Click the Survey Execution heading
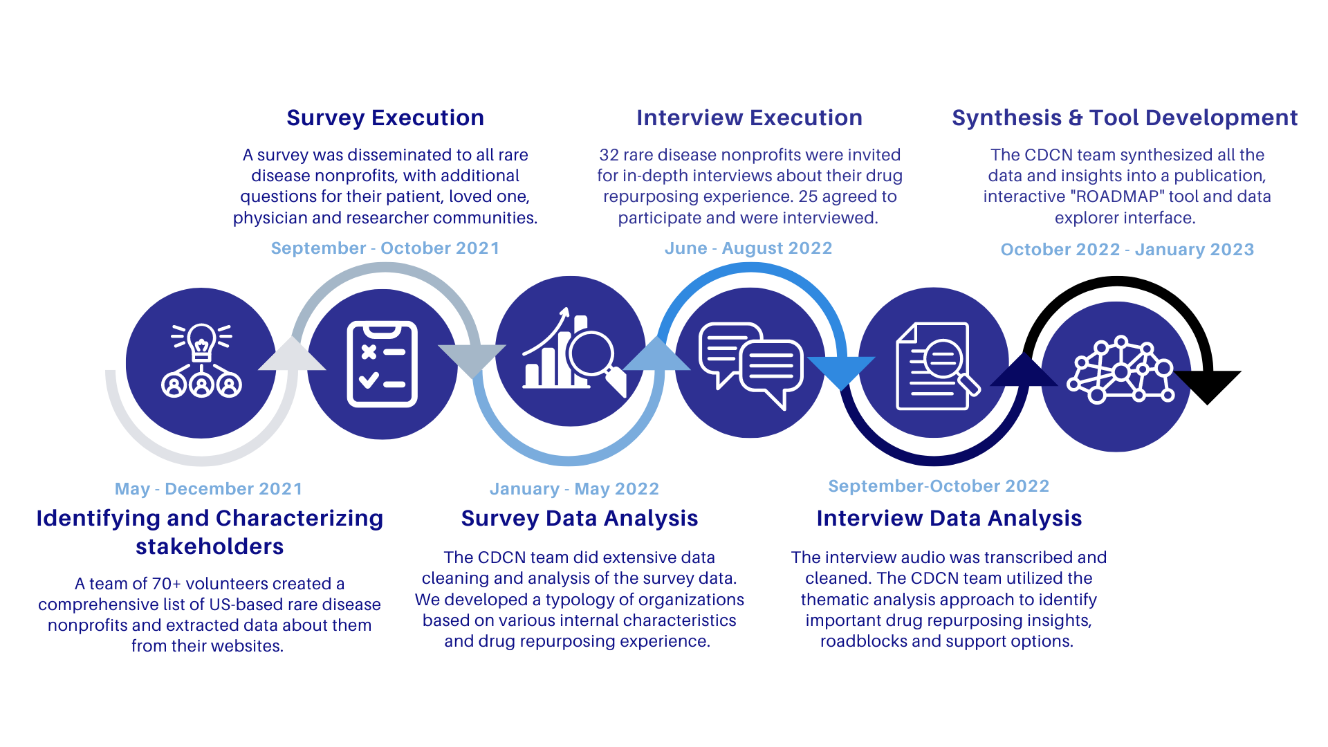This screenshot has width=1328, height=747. [x=385, y=118]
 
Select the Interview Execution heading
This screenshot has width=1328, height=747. [x=749, y=118]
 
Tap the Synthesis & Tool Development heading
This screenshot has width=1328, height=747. [x=1125, y=118]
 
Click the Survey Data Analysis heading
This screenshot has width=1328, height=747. [x=580, y=519]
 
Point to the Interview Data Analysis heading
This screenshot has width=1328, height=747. [x=949, y=519]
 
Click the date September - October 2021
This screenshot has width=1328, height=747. [x=385, y=248]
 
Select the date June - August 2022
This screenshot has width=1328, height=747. [x=748, y=249]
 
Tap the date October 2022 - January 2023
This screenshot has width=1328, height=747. [x=1127, y=250]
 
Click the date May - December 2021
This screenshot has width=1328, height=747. [x=209, y=489]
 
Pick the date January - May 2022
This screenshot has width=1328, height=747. [x=574, y=489]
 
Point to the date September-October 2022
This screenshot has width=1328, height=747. [x=939, y=486]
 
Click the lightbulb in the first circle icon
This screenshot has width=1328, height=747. [x=201, y=342]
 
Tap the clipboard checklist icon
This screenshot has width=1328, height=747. [x=382, y=364]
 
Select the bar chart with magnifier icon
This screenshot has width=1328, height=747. [x=574, y=353]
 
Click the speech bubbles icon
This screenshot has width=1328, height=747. [x=751, y=366]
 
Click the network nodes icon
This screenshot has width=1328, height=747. [x=1120, y=370]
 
